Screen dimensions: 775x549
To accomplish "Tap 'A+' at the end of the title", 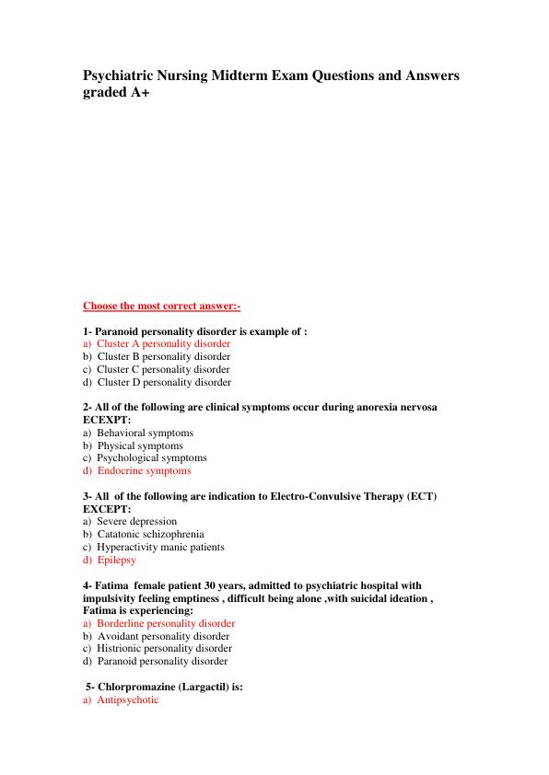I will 136,93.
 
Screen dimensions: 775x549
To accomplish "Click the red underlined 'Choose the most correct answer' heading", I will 161,306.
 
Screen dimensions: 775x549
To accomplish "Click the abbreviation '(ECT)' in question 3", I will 421,496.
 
